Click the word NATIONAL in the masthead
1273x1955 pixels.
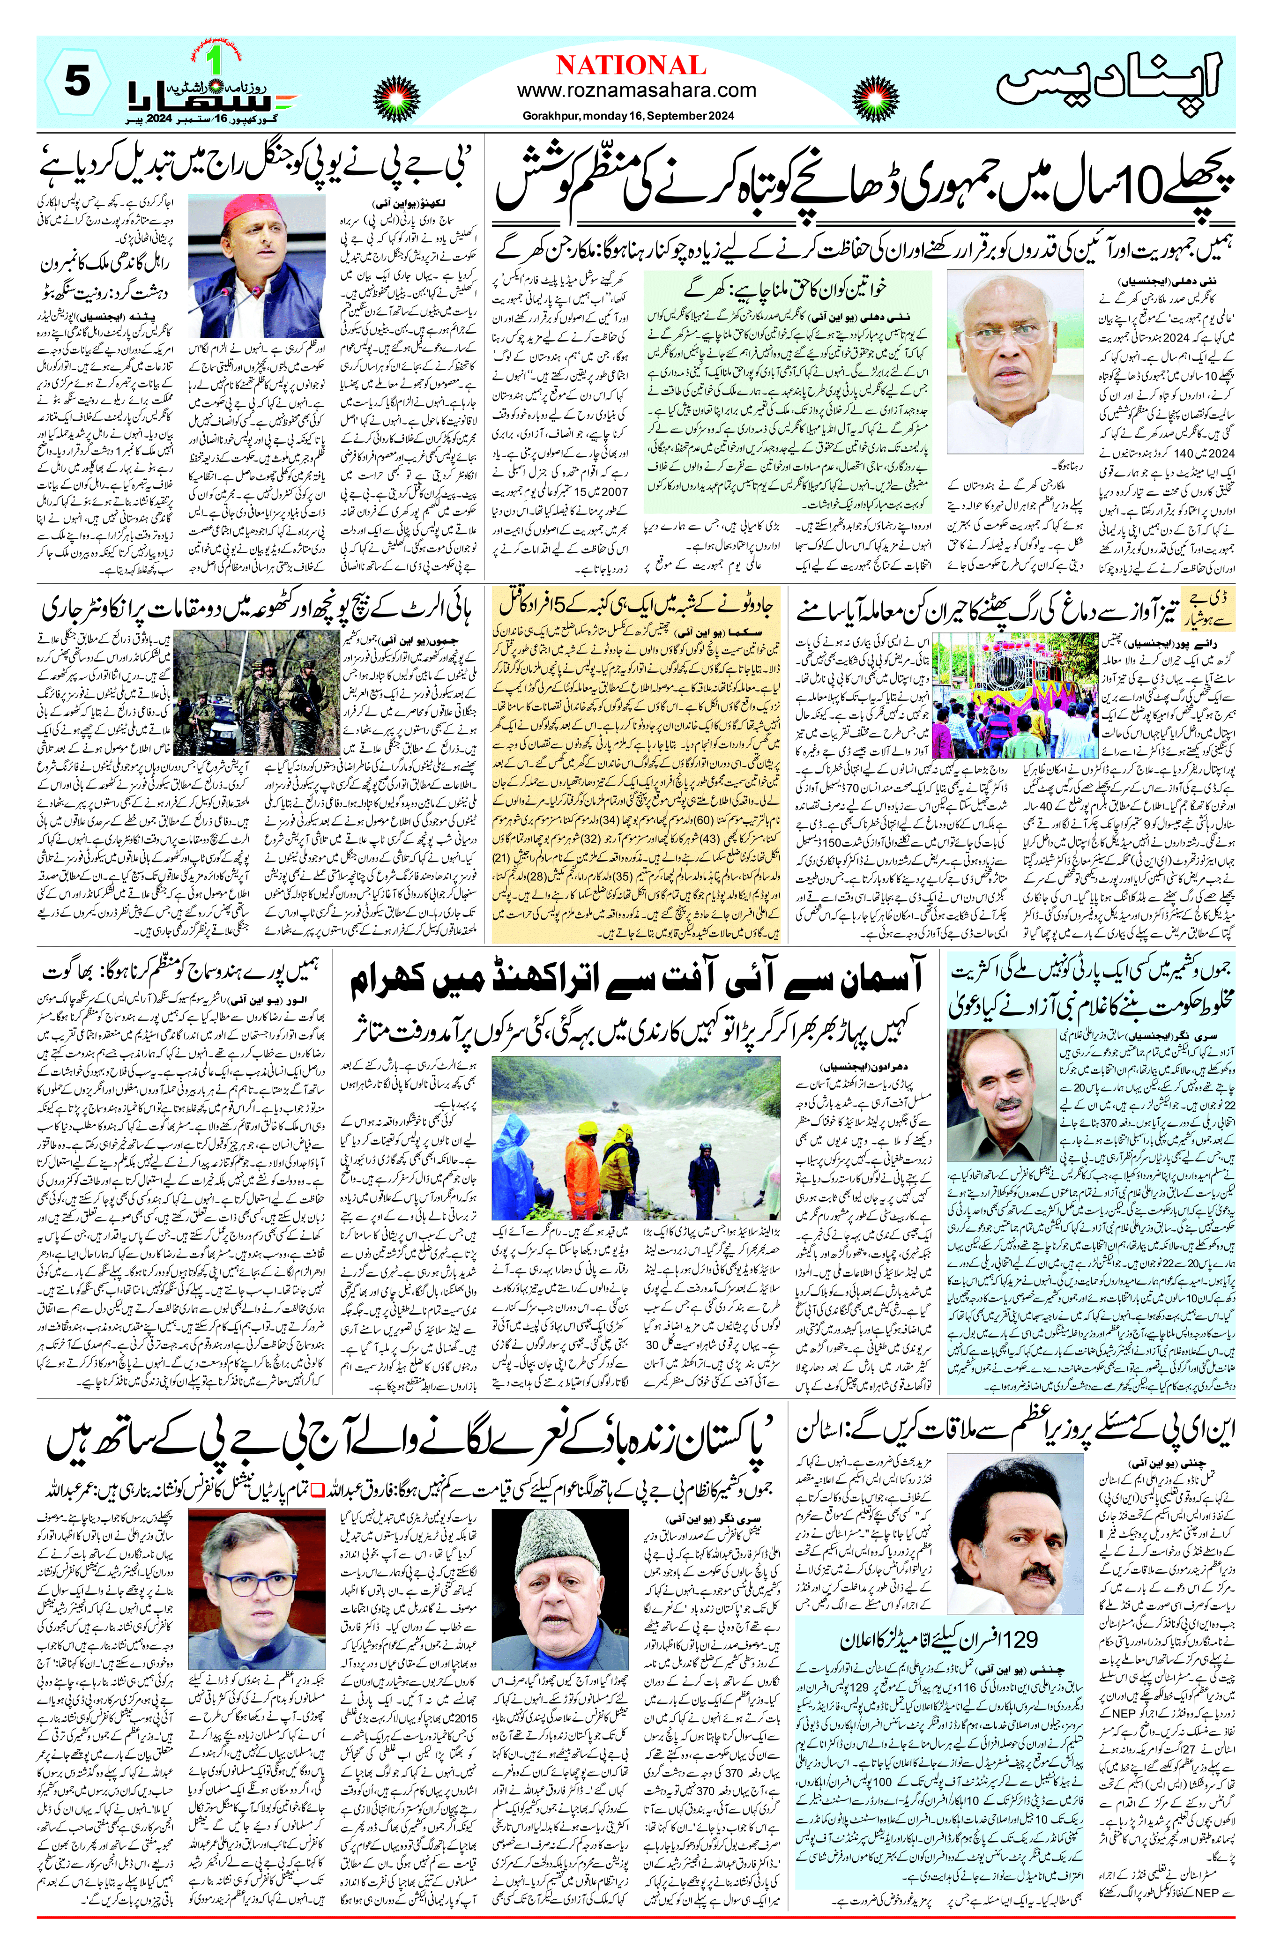631,65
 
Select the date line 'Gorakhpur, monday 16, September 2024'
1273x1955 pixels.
628,116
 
